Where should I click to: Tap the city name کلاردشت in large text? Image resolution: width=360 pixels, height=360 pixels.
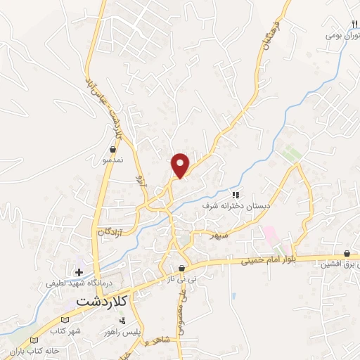(105, 300)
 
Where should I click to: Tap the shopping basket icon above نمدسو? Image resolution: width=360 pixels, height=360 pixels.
(113, 149)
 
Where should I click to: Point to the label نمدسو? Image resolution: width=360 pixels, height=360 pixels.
(113, 160)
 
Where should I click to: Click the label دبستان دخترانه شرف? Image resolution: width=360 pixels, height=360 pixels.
(236, 206)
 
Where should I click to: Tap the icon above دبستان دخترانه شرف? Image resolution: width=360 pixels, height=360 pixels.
(236, 195)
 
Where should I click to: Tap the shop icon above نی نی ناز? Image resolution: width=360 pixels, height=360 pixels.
(182, 269)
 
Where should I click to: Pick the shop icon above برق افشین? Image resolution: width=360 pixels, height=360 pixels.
(347, 254)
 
